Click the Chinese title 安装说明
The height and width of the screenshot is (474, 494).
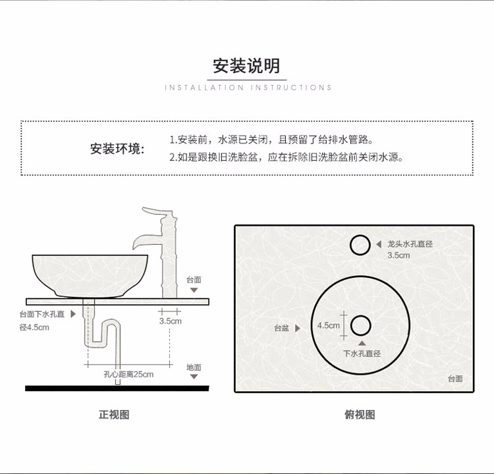coord(246,66)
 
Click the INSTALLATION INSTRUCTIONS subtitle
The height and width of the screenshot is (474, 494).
coord(248,88)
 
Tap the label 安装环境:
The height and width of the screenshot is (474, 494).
coord(117,148)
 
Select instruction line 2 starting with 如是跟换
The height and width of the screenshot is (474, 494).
coord(286,157)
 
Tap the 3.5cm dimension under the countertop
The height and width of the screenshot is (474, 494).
coord(170,321)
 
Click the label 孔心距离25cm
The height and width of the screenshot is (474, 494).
coord(128,375)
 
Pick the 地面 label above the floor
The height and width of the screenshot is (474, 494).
coord(194,367)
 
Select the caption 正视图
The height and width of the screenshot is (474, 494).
coord(114,415)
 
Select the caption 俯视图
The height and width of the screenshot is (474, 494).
coord(360,415)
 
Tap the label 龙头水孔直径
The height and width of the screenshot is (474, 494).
coord(410,244)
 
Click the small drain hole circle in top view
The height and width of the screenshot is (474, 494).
coord(361,325)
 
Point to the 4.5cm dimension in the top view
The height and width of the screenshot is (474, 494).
coord(329,325)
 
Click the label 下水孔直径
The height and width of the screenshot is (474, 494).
coord(362,354)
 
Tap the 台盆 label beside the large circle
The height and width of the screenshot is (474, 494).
coord(282,327)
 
